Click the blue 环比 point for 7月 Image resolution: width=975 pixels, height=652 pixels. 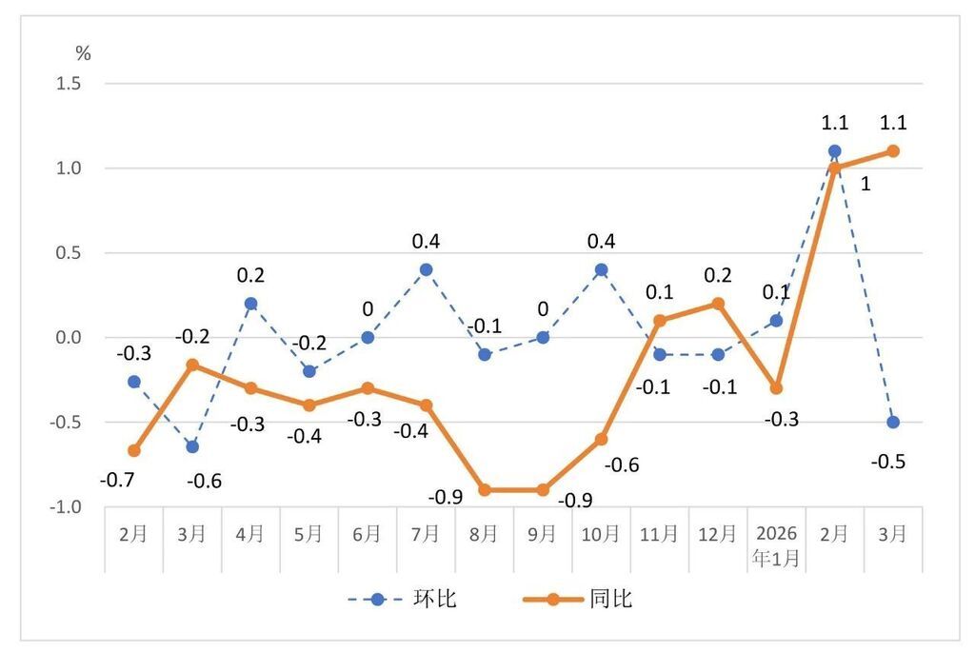pos(426,269)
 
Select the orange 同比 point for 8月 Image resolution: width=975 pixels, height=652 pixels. pos(485,490)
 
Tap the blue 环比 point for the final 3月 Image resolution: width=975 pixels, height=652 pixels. pos(893,422)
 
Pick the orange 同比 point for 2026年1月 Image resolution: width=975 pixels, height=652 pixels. pos(776,388)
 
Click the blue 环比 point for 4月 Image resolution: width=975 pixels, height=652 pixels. pos(250,304)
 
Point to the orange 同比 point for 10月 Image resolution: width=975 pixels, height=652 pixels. pos(601,439)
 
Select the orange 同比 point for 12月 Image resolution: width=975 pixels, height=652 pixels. pos(718,304)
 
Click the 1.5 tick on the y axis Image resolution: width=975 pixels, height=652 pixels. pos(70,84)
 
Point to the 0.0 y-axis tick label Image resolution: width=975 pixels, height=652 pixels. pos(70,338)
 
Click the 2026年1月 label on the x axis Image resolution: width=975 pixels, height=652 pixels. pos(776,545)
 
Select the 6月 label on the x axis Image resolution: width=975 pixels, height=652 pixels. pos(368,534)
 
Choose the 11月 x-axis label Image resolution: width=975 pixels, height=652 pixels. pos(660,534)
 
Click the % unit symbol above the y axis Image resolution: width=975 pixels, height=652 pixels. pos(84,54)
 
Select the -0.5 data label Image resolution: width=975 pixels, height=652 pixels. pos(887,463)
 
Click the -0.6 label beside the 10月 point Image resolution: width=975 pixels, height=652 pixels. pos(622,465)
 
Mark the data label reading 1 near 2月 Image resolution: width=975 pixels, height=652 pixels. pos(865,185)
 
